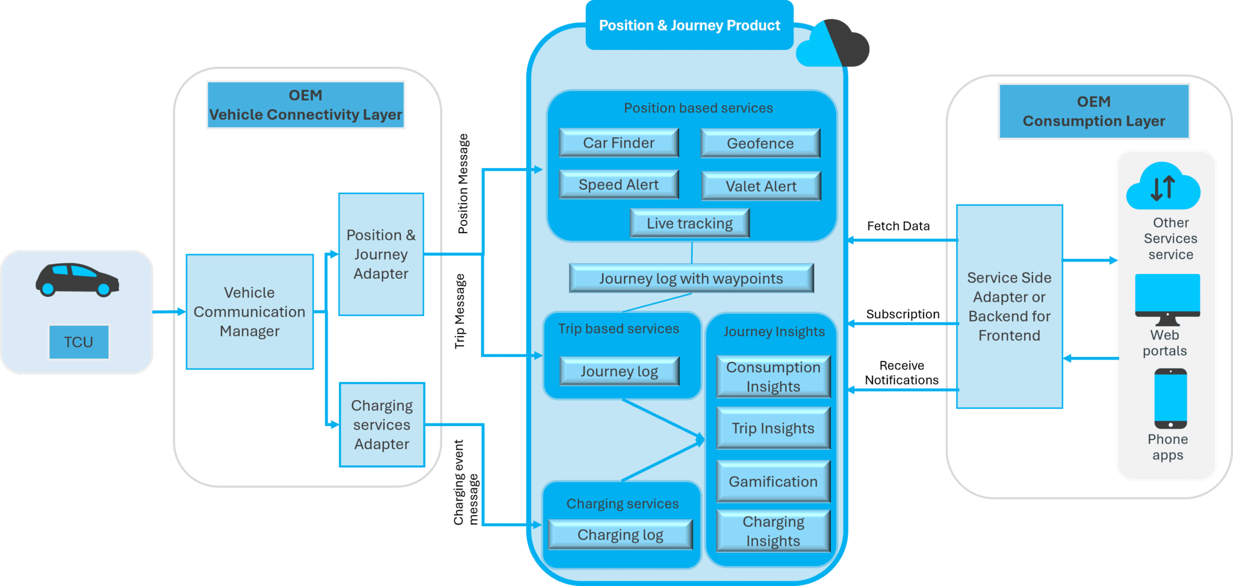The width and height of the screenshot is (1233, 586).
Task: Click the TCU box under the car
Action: (x=79, y=342)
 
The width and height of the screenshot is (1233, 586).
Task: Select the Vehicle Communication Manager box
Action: (x=249, y=312)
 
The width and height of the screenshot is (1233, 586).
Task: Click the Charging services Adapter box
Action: (x=382, y=425)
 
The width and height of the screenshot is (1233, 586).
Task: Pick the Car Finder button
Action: (x=618, y=143)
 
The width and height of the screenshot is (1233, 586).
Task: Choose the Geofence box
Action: (x=760, y=143)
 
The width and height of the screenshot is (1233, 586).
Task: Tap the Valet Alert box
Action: (x=760, y=186)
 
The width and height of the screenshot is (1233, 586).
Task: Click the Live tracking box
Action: (x=689, y=223)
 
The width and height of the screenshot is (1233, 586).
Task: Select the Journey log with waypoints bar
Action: (x=691, y=278)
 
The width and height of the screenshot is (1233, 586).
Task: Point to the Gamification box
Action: (x=773, y=482)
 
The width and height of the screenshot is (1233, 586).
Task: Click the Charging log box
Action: (x=620, y=535)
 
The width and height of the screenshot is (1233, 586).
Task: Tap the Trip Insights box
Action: (x=773, y=428)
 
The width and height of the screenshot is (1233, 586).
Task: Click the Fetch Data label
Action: (x=898, y=226)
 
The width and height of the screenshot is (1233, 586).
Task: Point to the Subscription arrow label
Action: (x=902, y=314)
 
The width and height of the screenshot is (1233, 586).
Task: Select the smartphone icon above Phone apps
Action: (x=1170, y=399)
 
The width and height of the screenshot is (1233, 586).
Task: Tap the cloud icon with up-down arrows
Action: (x=1163, y=187)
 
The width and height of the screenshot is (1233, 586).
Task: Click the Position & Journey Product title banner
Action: (x=689, y=26)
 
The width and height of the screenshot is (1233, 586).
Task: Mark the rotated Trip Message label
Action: (x=460, y=311)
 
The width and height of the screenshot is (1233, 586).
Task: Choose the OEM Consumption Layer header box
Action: (x=1094, y=111)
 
